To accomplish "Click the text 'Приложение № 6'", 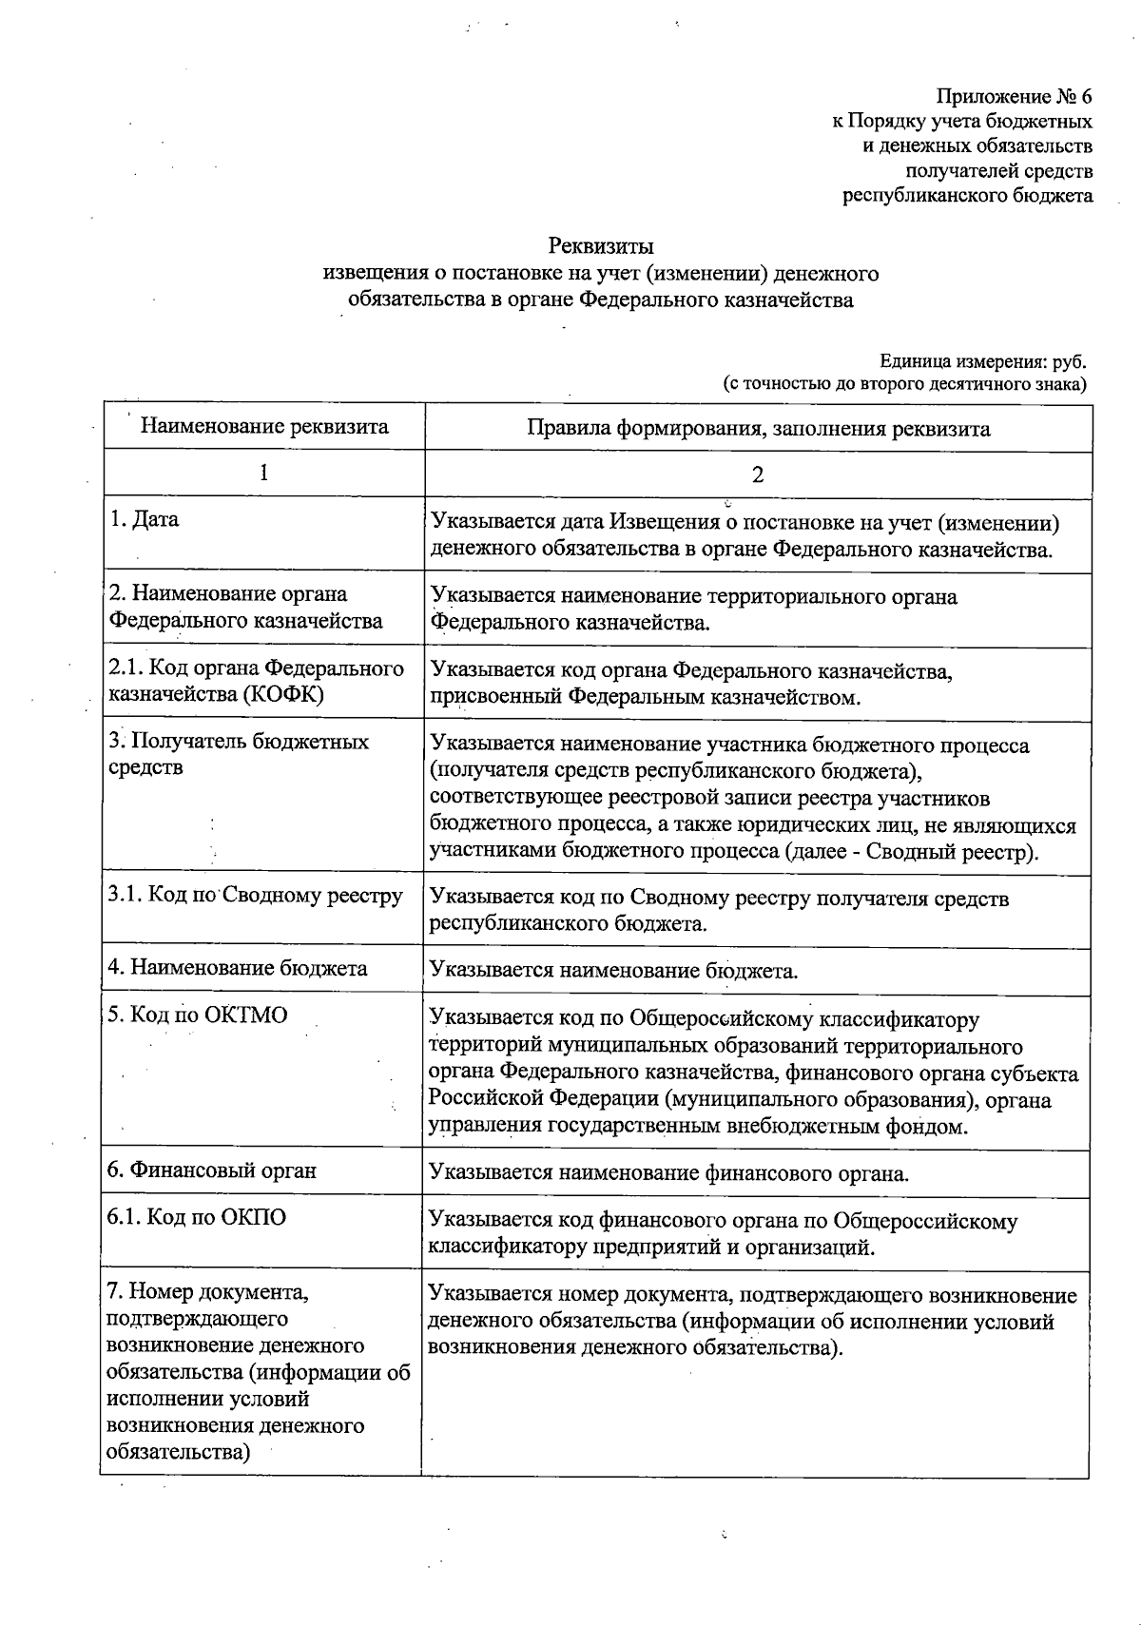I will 1015,97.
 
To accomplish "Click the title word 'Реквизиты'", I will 601,247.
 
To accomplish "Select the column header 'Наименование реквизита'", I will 264,426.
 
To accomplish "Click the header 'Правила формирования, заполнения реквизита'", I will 758,428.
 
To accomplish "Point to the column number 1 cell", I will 263,473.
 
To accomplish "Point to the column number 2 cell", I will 758,474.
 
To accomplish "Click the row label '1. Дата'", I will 144,520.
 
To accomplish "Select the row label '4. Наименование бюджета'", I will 238,968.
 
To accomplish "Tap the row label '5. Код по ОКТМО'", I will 198,1015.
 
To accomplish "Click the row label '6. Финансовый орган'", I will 211,1170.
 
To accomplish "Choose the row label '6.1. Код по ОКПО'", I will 197,1217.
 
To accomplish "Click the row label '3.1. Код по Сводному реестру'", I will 255,896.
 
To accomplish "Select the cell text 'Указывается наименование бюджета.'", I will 613,971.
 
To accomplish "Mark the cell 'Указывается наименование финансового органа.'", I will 668,1173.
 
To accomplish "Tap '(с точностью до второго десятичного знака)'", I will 904,385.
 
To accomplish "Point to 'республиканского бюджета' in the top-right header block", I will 968,196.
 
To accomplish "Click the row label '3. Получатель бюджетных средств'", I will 238,753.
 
